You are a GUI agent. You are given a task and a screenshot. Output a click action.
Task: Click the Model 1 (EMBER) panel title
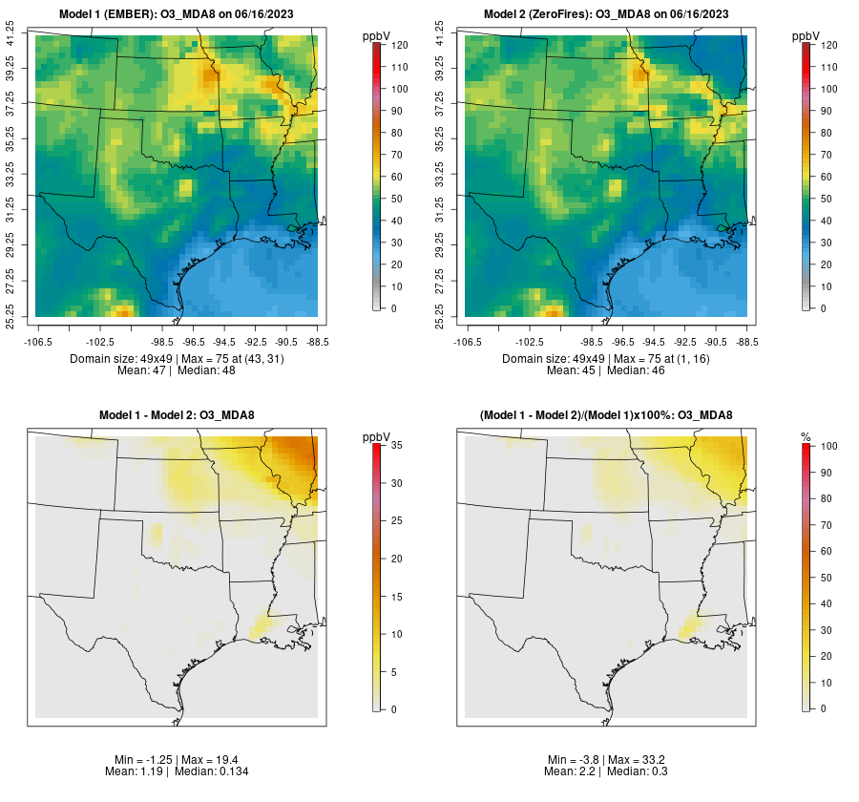pyautogui.click(x=177, y=14)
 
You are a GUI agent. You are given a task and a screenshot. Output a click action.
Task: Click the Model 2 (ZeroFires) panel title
pyautogui.click(x=606, y=14)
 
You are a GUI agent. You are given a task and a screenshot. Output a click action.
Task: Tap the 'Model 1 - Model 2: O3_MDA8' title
pyautogui.click(x=177, y=415)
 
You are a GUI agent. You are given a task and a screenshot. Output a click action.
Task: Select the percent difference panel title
pyautogui.click(x=606, y=415)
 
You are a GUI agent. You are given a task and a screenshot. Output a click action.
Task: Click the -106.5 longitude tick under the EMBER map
pyautogui.click(x=35, y=341)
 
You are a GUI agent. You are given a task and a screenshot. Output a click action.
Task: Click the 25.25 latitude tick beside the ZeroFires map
pyautogui.click(x=441, y=316)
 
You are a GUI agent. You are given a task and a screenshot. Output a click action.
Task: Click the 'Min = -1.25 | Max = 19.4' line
pyautogui.click(x=177, y=759)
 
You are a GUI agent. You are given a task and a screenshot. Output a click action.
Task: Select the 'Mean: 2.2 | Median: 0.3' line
pyautogui.click(x=606, y=770)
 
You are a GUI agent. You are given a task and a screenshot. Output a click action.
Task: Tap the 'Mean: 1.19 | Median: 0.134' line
pyautogui.click(x=177, y=770)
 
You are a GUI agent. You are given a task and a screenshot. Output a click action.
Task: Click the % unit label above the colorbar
pyautogui.click(x=807, y=436)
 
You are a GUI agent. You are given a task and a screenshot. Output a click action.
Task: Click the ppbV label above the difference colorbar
pyautogui.click(x=377, y=436)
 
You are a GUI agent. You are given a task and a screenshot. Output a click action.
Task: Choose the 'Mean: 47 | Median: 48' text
pyautogui.click(x=177, y=369)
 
